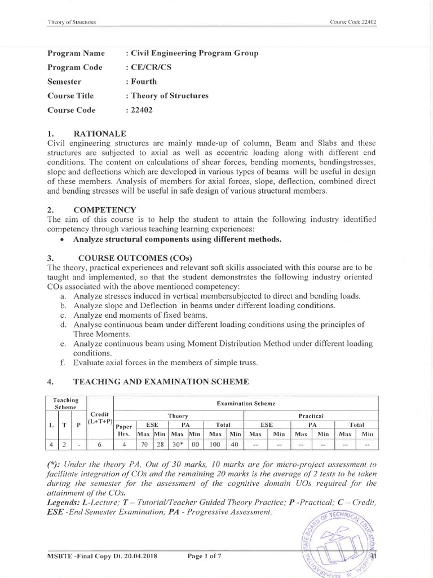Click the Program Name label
tap(76, 53)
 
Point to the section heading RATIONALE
tap(100, 133)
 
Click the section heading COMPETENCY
tap(104, 209)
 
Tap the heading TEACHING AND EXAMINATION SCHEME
tap(161, 382)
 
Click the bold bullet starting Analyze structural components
tap(177, 239)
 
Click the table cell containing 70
tap(144, 444)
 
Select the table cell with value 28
tap(161, 444)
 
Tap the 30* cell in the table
tap(178, 444)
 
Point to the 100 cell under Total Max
tap(215, 444)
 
